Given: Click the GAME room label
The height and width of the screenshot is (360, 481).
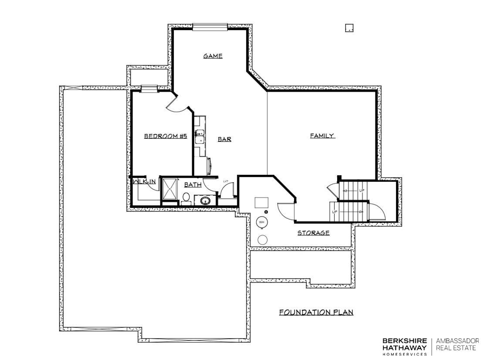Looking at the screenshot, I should [213, 56].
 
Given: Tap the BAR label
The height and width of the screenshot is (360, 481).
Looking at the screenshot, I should [224, 139].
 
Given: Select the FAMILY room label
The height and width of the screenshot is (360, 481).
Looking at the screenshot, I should [322, 136].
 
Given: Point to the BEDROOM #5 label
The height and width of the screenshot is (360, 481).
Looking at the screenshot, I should [166, 136].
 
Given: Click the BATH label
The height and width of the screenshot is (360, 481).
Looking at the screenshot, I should [193, 185].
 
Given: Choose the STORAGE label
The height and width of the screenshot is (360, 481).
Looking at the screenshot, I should [313, 233].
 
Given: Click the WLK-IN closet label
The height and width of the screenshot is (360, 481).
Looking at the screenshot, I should [144, 181].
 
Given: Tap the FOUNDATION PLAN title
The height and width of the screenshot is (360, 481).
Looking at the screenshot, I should [316, 312].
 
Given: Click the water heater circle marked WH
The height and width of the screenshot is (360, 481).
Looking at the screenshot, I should [262, 222].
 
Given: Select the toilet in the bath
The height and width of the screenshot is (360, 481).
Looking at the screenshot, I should [186, 199].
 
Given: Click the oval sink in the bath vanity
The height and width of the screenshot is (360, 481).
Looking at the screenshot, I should [205, 201].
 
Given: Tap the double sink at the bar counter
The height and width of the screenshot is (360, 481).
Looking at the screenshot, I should [200, 136].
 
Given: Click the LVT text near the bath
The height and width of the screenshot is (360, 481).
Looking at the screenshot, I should [226, 181].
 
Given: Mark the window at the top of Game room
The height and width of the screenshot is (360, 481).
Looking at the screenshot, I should [210, 27].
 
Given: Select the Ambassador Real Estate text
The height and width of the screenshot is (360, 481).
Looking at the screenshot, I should [457, 344].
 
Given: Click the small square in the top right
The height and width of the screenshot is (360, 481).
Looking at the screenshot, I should [349, 28].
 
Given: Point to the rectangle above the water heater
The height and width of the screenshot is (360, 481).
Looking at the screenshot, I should [262, 202].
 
